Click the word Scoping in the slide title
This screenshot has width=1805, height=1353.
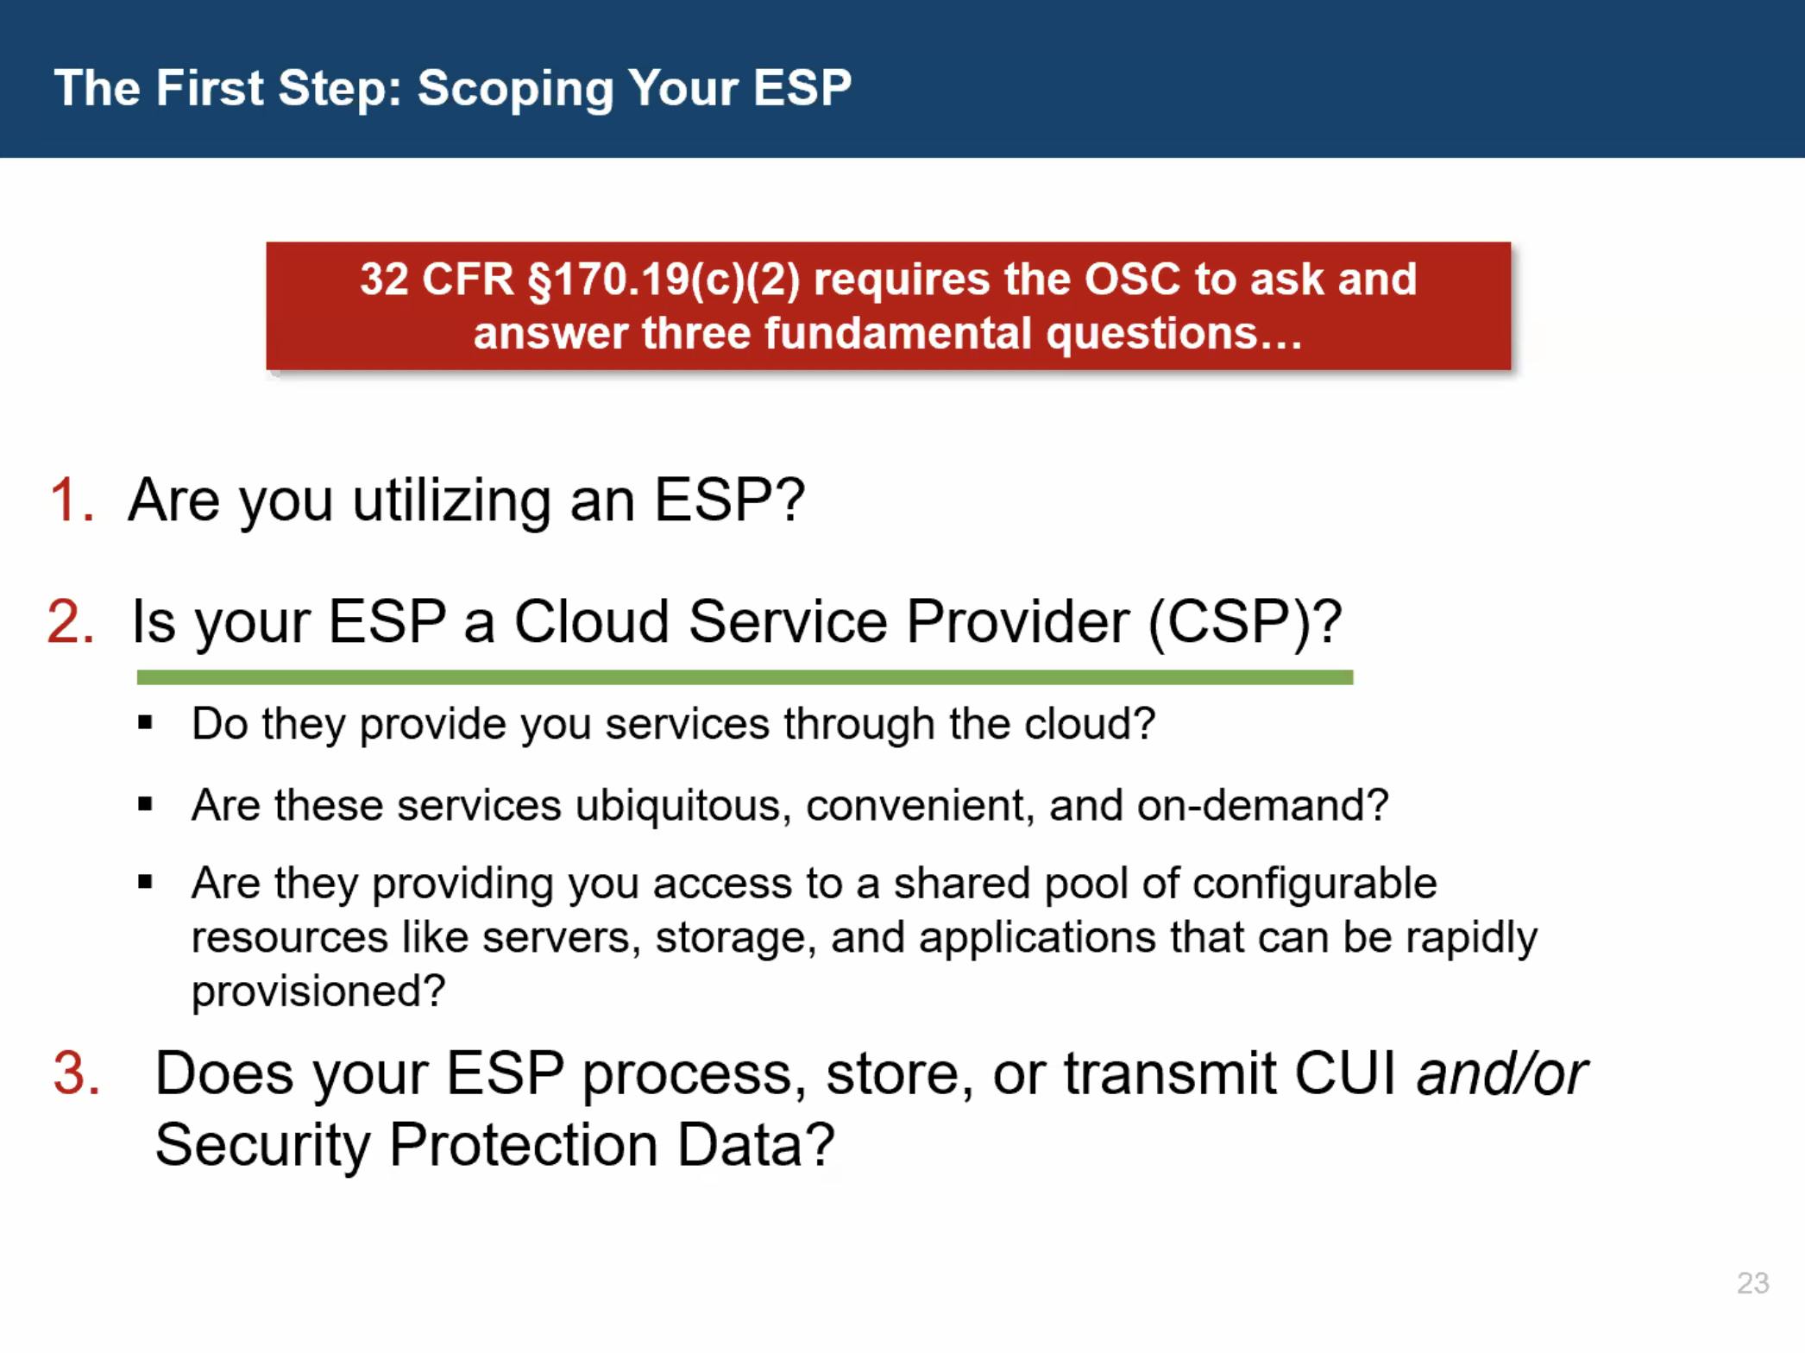[x=515, y=89]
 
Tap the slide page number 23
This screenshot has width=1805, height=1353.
[x=1752, y=1283]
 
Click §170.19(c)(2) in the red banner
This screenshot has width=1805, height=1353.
[x=664, y=280]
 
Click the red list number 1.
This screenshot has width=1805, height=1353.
[x=72, y=500]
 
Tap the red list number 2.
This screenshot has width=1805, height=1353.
[x=71, y=621]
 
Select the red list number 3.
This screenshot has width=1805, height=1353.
[x=76, y=1073]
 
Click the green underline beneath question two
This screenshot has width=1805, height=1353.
[x=745, y=677]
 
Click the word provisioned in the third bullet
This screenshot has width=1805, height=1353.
[x=308, y=991]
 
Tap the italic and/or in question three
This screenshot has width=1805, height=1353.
[x=1502, y=1073]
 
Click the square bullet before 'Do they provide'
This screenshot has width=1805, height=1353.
[x=145, y=723]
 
